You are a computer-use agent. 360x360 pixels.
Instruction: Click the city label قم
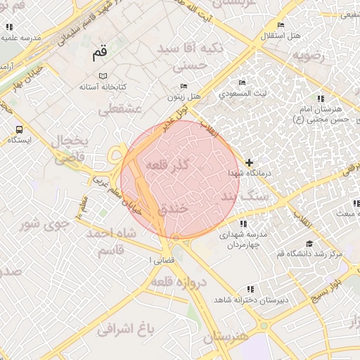[99, 53]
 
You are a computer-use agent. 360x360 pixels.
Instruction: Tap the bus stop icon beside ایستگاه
[18, 129]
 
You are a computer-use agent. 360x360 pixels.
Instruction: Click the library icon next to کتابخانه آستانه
[103, 76]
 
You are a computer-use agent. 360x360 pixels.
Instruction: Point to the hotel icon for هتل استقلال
[281, 25]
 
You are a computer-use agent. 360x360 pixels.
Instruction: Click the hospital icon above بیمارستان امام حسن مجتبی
[321, 98]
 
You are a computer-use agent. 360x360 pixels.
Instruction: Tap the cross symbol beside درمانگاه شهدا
[249, 162]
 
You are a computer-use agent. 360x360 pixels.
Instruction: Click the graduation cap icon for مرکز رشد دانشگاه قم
[309, 243]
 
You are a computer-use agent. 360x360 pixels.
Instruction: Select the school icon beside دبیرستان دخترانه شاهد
[250, 289]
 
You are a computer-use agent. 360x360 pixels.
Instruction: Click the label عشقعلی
[120, 109]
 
